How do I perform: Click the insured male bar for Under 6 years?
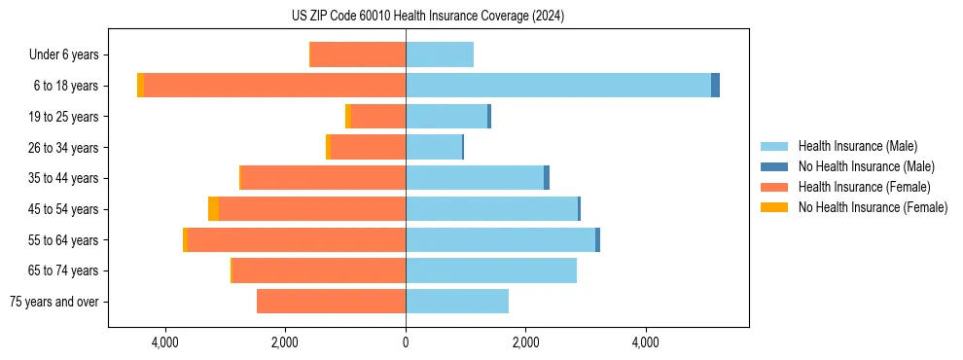440,54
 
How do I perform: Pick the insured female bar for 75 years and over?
331,302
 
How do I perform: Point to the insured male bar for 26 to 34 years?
434,147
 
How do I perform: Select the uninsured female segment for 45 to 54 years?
213,209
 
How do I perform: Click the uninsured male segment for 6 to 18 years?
715,86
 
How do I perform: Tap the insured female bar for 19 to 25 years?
378,117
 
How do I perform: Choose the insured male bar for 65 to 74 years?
491,270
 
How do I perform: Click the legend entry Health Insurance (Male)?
857,146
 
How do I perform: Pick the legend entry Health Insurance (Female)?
864,187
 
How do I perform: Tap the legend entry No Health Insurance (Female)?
873,207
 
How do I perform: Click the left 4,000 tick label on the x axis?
165,342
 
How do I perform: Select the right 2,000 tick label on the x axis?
525,342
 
